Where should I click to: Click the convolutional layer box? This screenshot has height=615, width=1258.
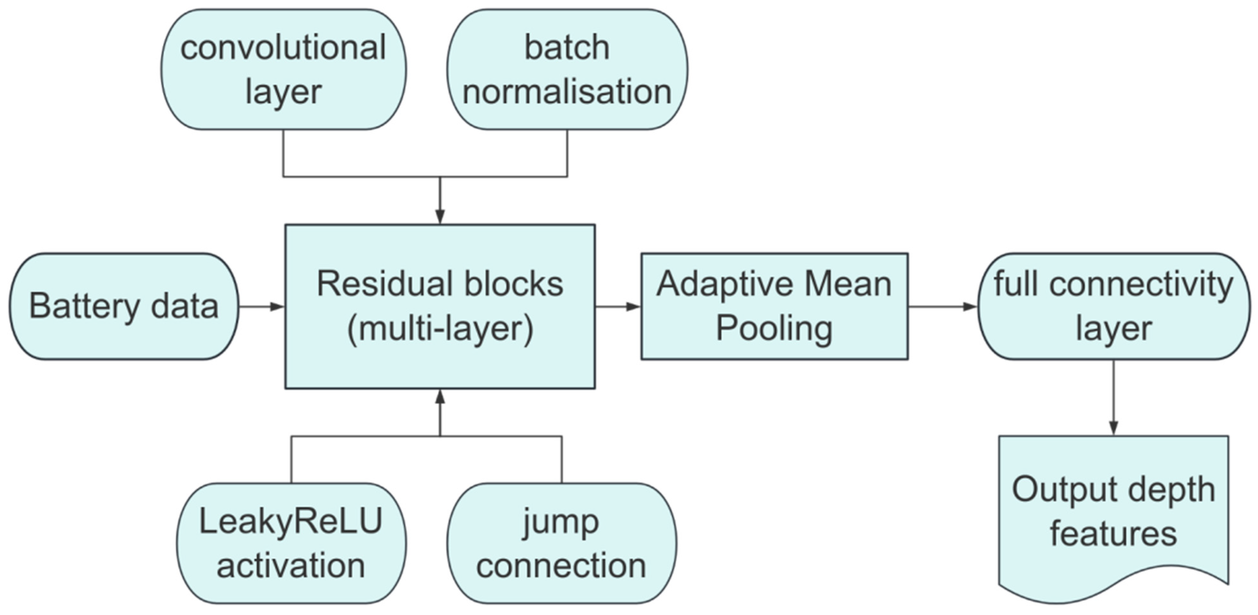point(284,69)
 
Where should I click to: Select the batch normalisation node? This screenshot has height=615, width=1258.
point(567,69)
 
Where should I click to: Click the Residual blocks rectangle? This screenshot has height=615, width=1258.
point(440,306)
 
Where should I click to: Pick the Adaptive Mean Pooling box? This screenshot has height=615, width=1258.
point(774,306)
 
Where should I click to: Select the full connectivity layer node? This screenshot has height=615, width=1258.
point(1114,306)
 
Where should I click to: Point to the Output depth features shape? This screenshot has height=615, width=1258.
point(1113,517)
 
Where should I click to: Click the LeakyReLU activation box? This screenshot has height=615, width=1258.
point(291,544)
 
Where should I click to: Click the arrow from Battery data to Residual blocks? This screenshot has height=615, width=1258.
point(262,306)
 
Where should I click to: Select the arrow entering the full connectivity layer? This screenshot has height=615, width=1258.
point(943,306)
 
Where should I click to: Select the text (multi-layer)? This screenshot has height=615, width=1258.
point(440,329)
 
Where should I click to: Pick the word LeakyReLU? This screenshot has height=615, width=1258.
point(291,522)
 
